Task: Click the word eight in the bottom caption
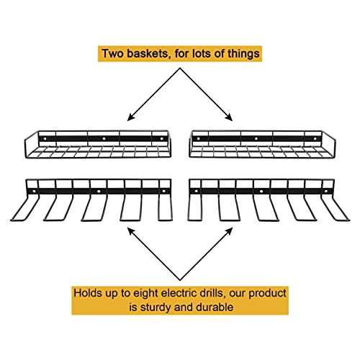tap(146, 294)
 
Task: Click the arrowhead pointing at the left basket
tap(131, 117)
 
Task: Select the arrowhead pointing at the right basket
tap(229, 117)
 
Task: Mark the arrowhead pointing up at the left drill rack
tap(131, 231)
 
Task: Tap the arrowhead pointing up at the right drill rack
tap(229, 231)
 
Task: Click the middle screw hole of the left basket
tap(104, 139)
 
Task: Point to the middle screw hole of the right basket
tap(256, 139)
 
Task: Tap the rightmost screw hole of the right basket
tap(315, 139)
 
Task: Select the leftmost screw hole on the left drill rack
tap(34, 192)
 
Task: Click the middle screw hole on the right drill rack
tap(261, 192)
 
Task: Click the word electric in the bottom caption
tap(177, 293)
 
